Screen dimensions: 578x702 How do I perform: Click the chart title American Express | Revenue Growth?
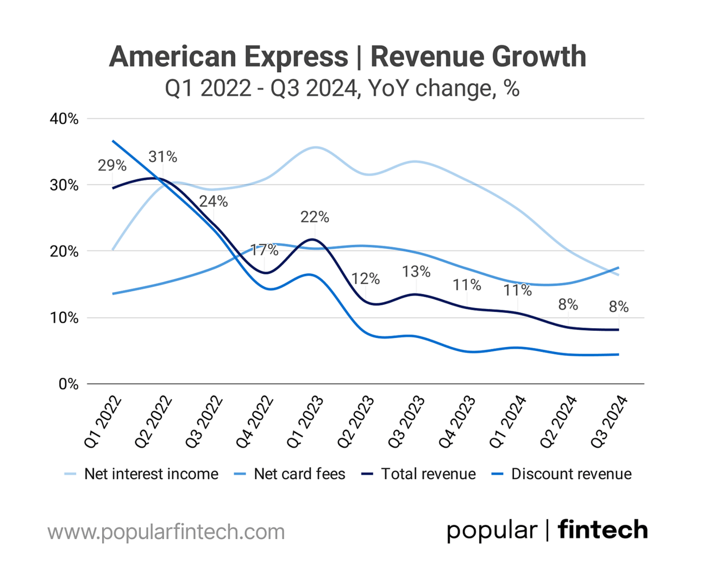pyautogui.click(x=348, y=57)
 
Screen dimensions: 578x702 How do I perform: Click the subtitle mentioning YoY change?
pyautogui.click(x=342, y=88)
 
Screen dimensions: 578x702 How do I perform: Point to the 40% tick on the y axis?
pyautogui.click(x=64, y=119)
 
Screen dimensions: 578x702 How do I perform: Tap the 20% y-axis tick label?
pyautogui.click(x=64, y=252)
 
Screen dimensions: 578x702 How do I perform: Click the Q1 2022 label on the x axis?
pyautogui.click(x=103, y=422)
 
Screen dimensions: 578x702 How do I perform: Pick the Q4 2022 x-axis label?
pyautogui.click(x=255, y=422)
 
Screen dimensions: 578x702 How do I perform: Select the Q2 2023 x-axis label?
pyautogui.click(x=356, y=422)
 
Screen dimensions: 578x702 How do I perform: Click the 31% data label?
pyautogui.click(x=163, y=157)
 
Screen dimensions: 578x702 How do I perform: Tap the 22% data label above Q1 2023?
pyautogui.click(x=315, y=217)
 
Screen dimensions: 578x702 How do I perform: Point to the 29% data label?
pyautogui.click(x=112, y=165)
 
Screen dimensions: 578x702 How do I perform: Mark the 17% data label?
pyautogui.click(x=265, y=250)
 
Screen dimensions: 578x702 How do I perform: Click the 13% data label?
pyautogui.click(x=416, y=271)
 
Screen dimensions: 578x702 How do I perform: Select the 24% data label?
pyautogui.click(x=214, y=202)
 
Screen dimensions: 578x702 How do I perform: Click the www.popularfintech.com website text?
pyautogui.click(x=166, y=531)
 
